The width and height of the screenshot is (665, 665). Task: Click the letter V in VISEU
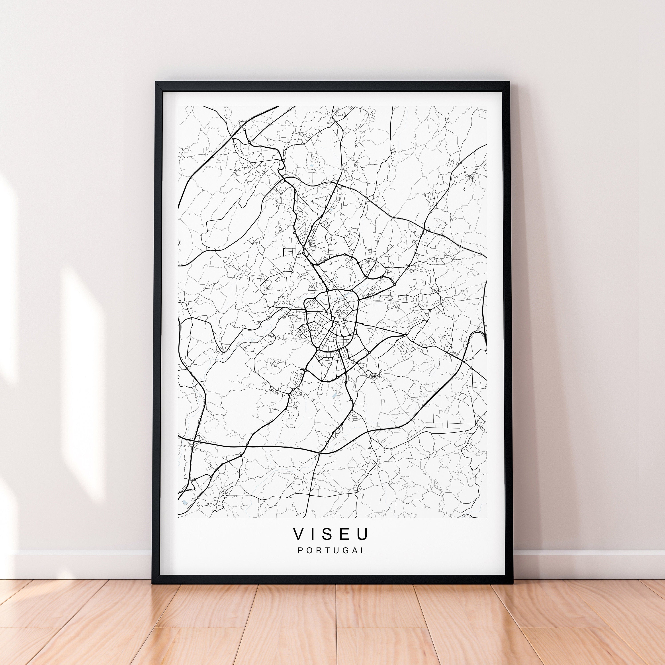298,534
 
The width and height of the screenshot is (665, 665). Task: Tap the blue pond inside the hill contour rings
312,166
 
